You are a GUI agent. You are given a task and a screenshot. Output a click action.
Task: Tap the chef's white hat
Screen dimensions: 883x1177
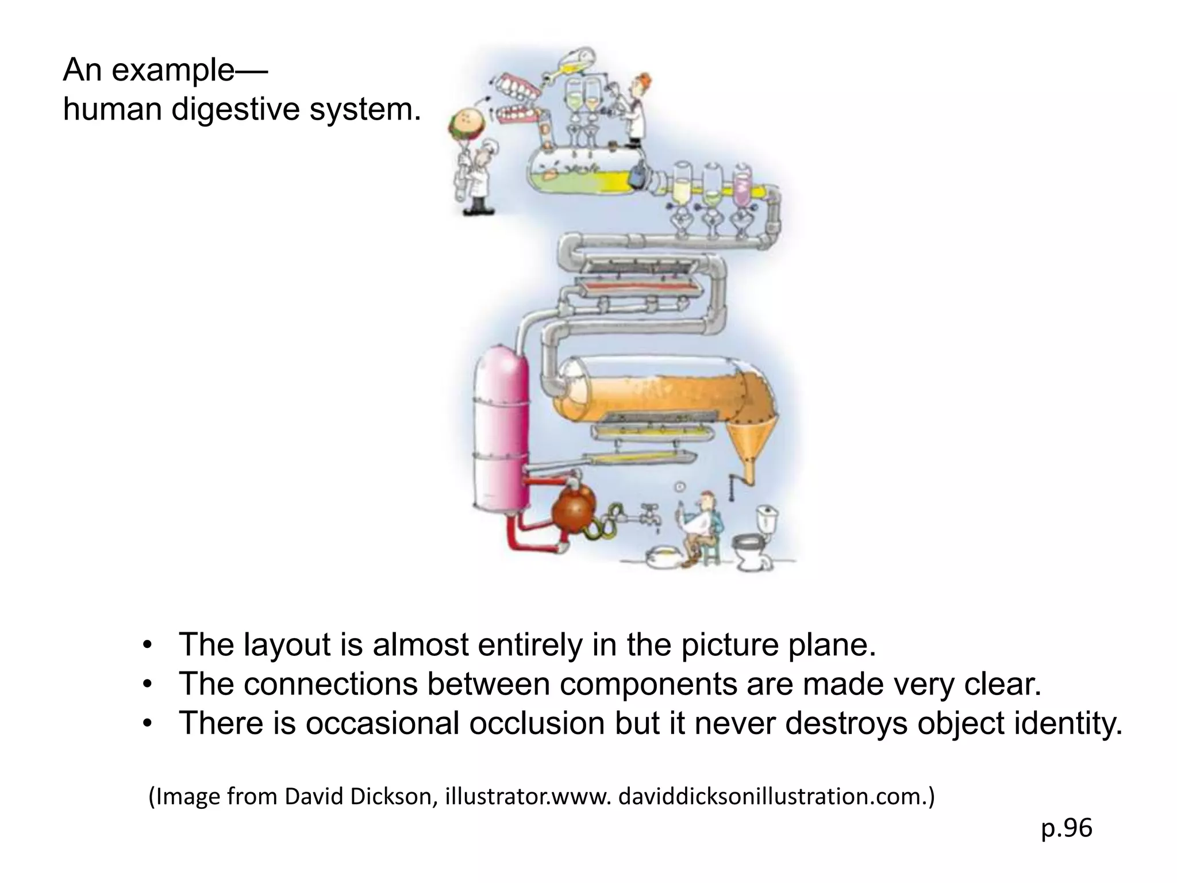490,147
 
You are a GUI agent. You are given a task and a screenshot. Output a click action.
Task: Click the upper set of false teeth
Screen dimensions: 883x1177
517,86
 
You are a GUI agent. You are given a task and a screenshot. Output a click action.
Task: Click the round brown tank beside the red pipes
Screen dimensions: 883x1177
574,509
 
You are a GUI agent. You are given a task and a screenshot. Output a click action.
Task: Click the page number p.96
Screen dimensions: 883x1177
1066,828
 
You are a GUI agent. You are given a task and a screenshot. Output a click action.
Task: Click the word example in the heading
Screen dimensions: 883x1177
172,70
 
